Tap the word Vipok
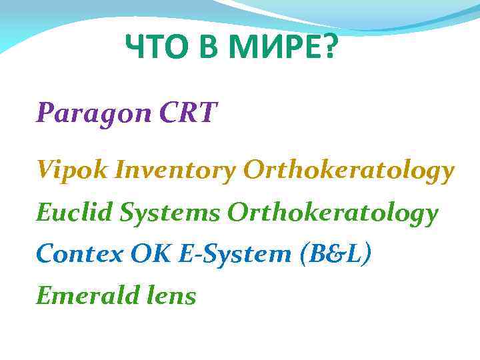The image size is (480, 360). (x=73, y=171)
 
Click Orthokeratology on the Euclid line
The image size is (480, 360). (x=333, y=214)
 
